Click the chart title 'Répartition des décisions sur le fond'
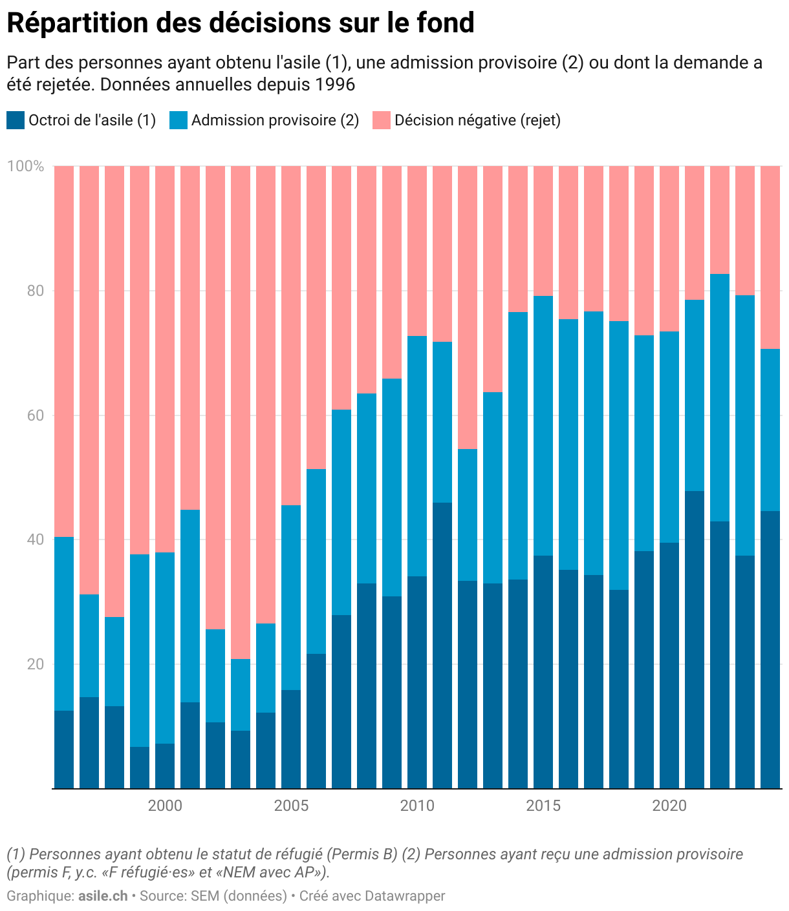tap(241, 23)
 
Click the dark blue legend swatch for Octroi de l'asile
tap(16, 120)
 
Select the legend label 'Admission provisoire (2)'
tap(275, 120)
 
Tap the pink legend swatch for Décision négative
tap(382, 120)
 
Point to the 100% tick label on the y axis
tap(26, 167)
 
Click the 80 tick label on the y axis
tap(36, 291)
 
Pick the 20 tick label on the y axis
tap(36, 664)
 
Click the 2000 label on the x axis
tap(165, 806)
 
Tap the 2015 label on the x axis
tap(543, 806)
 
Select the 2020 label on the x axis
tap(669, 806)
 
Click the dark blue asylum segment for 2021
tap(695, 640)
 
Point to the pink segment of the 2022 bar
tap(720, 220)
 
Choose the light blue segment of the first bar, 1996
tap(64, 623)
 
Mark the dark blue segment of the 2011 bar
tap(442, 645)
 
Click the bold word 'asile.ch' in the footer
tap(103, 896)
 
